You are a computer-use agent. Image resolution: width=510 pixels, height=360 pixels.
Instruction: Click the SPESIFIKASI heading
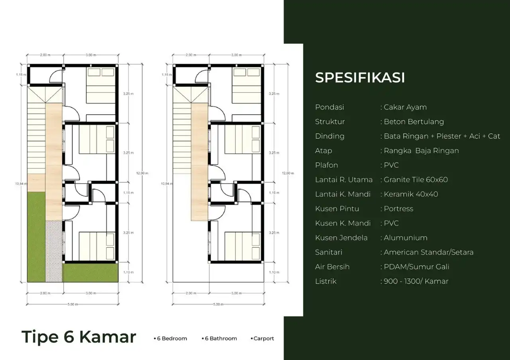(360, 78)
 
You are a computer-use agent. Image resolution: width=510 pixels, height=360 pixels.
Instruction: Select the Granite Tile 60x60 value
(416, 180)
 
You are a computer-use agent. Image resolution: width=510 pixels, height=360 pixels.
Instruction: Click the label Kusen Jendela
(341, 238)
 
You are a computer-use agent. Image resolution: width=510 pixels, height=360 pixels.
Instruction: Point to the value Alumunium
(405, 238)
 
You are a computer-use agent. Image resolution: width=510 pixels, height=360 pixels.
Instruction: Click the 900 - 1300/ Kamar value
(416, 281)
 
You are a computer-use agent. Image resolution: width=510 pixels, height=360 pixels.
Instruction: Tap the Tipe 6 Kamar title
(79, 337)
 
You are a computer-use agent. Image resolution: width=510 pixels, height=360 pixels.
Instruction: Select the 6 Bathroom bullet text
(221, 338)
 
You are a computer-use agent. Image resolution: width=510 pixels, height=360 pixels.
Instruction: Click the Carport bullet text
(263, 338)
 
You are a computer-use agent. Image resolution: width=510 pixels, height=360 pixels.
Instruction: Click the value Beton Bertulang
(414, 122)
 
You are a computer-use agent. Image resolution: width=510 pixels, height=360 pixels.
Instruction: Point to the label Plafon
(326, 165)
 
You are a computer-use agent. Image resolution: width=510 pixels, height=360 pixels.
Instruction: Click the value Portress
(398, 209)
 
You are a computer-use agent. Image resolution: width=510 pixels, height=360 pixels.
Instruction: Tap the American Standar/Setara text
(428, 252)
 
